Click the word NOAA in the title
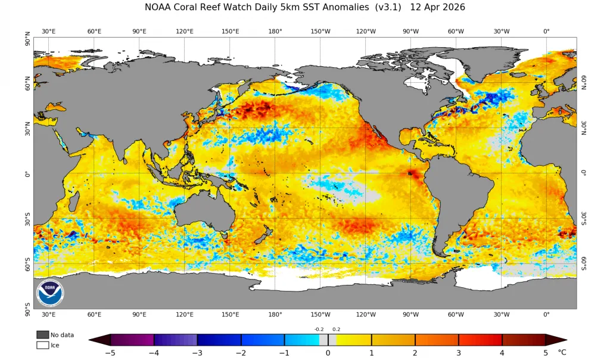coord(157,7)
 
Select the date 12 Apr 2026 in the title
coord(437,7)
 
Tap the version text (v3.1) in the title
coord(388,7)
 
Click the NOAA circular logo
coord(50,293)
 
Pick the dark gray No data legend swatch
coord(42,335)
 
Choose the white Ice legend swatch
coord(42,345)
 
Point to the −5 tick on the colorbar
coord(110,353)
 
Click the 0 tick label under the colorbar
coord(328,353)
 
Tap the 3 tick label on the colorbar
coord(459,353)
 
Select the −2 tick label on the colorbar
coord(241,353)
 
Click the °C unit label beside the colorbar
coord(562,352)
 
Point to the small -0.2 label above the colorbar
coord(319,329)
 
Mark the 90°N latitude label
coord(27,39)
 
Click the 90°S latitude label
coord(27,310)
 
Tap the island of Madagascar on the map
coord(72,199)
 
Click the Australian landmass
coord(203,212)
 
